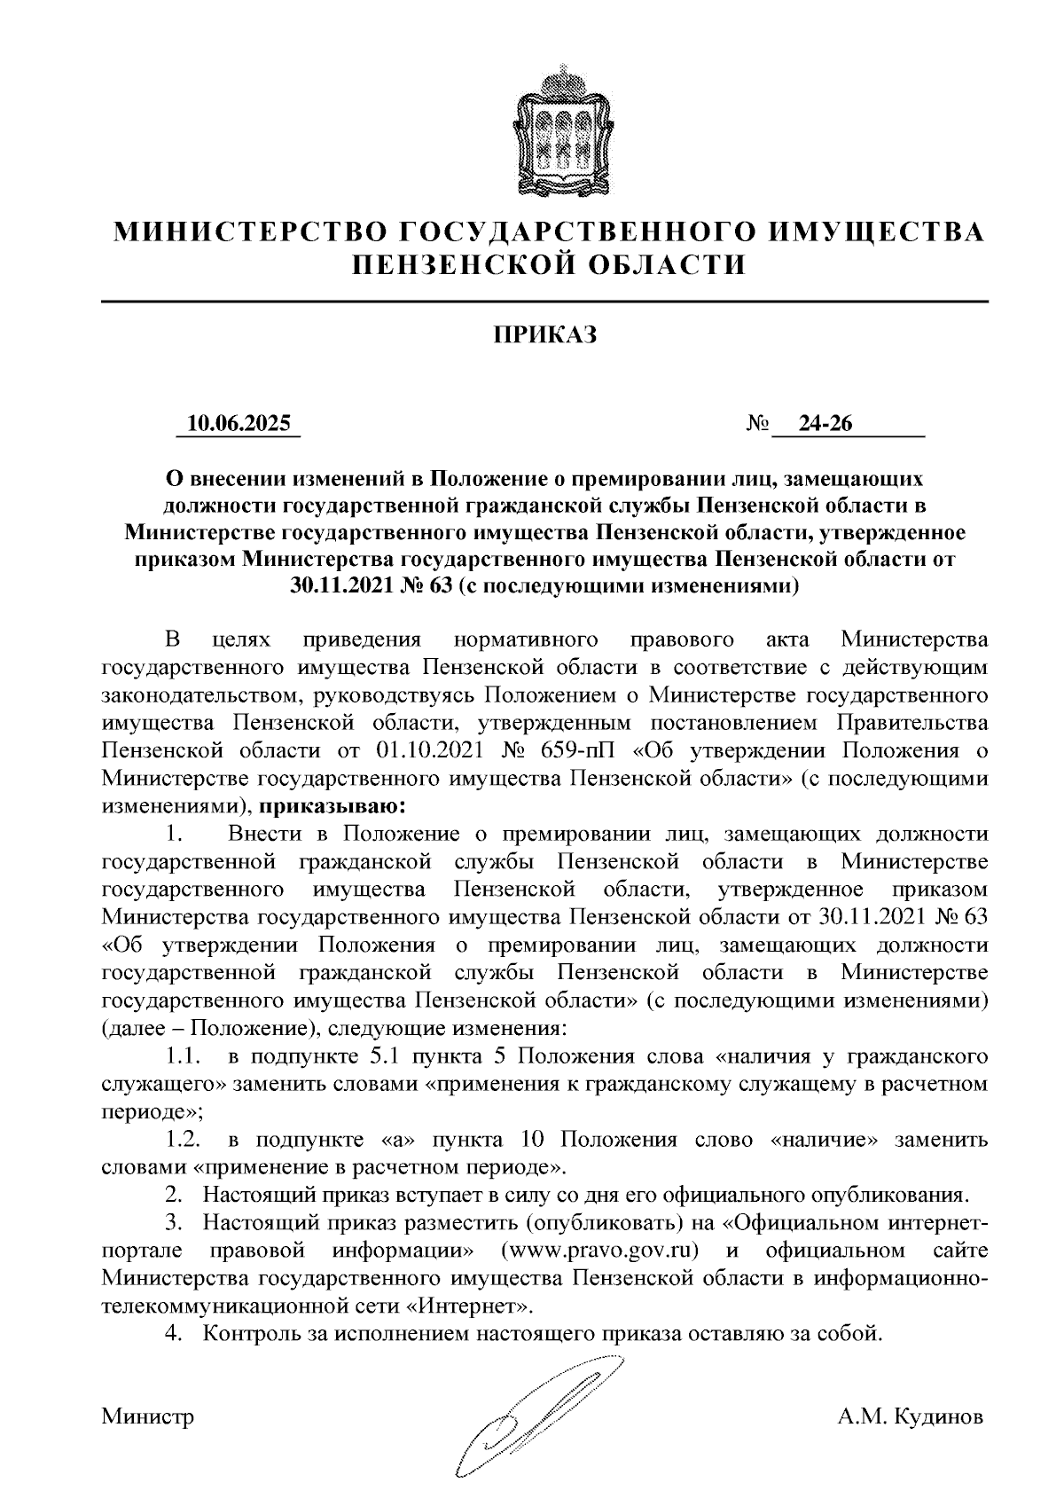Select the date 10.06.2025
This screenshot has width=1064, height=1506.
pyautogui.click(x=239, y=425)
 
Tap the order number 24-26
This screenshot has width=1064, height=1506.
pyautogui.click(x=825, y=425)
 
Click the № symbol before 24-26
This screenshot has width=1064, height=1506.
pyautogui.click(x=757, y=425)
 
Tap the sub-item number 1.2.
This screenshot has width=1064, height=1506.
pyautogui.click(x=184, y=1139)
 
